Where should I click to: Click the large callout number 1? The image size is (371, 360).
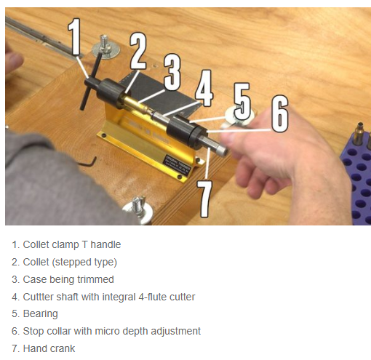pos(74,37)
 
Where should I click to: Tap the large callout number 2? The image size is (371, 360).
pos(138,51)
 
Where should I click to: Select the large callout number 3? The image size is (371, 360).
pos(172,72)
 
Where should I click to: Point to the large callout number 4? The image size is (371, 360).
pos(204,88)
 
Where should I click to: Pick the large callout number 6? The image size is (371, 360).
pos(280,113)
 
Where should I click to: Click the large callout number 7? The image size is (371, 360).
pos(204,199)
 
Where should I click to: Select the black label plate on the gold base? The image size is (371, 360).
pos(177,164)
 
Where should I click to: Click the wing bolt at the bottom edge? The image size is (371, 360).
pos(137,209)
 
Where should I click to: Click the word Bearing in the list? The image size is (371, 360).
pos(40,313)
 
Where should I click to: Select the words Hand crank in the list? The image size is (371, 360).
pos(49,348)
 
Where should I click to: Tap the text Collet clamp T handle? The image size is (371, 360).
pos(72,244)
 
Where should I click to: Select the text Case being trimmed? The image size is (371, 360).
pos(68,279)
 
